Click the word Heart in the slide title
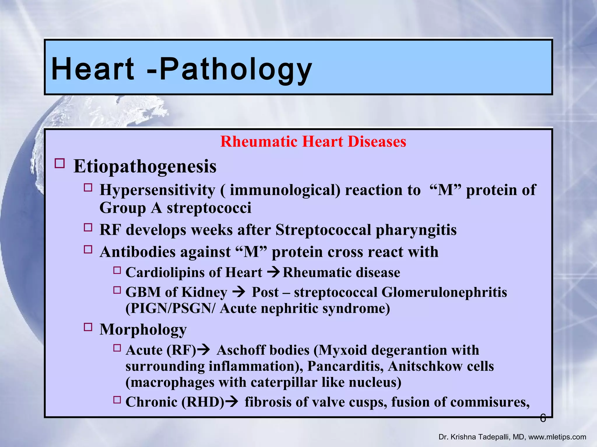pyautogui.click(x=93, y=69)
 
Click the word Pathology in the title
pyautogui.click(x=236, y=69)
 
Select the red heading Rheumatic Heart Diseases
pyautogui.click(x=313, y=142)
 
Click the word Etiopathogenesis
pyautogui.click(x=145, y=166)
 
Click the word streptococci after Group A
pyautogui.click(x=209, y=208)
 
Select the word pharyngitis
pyautogui.click(x=416, y=230)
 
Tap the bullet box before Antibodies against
pyautogui.click(x=88, y=250)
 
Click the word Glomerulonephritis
pyautogui.click(x=444, y=292)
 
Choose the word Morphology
pyautogui.click(x=143, y=329)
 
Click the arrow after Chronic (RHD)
pyautogui.click(x=232, y=402)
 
